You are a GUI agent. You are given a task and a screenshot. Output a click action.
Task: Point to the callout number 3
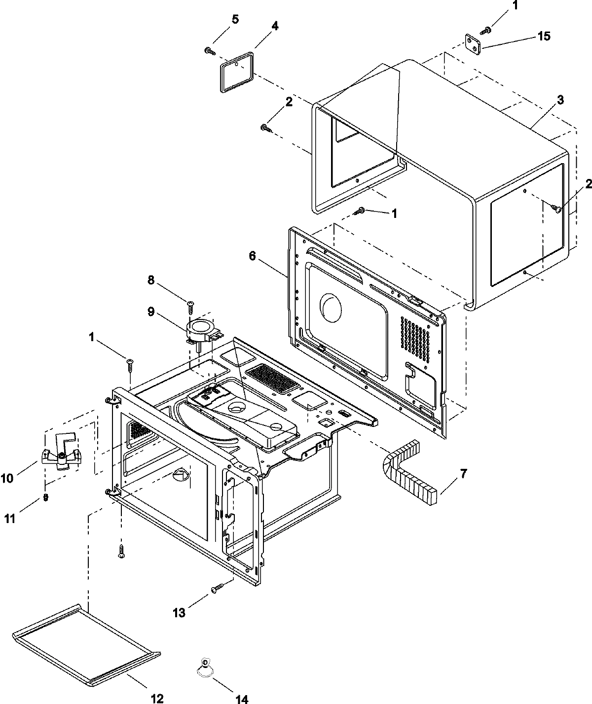(560, 100)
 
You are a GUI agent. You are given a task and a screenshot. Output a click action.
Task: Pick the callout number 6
(252, 257)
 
